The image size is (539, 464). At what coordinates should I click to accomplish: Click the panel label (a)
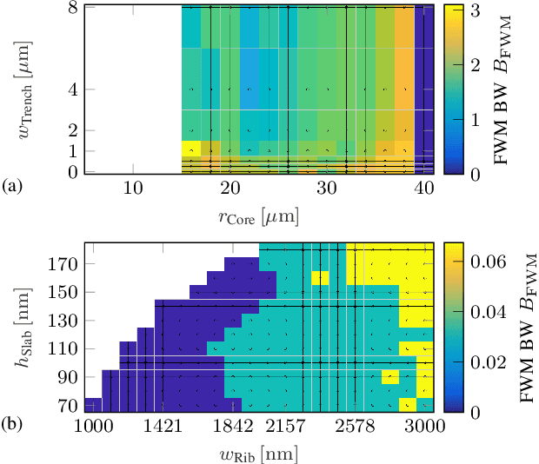click(x=13, y=185)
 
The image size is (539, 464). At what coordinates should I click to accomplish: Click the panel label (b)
click(x=13, y=425)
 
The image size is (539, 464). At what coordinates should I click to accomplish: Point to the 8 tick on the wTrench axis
click(x=75, y=7)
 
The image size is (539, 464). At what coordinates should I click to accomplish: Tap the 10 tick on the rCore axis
click(x=132, y=189)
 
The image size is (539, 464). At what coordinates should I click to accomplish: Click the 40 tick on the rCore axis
click(x=423, y=189)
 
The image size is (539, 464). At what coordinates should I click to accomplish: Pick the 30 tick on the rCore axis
click(x=326, y=189)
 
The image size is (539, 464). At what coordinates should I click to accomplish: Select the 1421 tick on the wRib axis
click(x=162, y=425)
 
